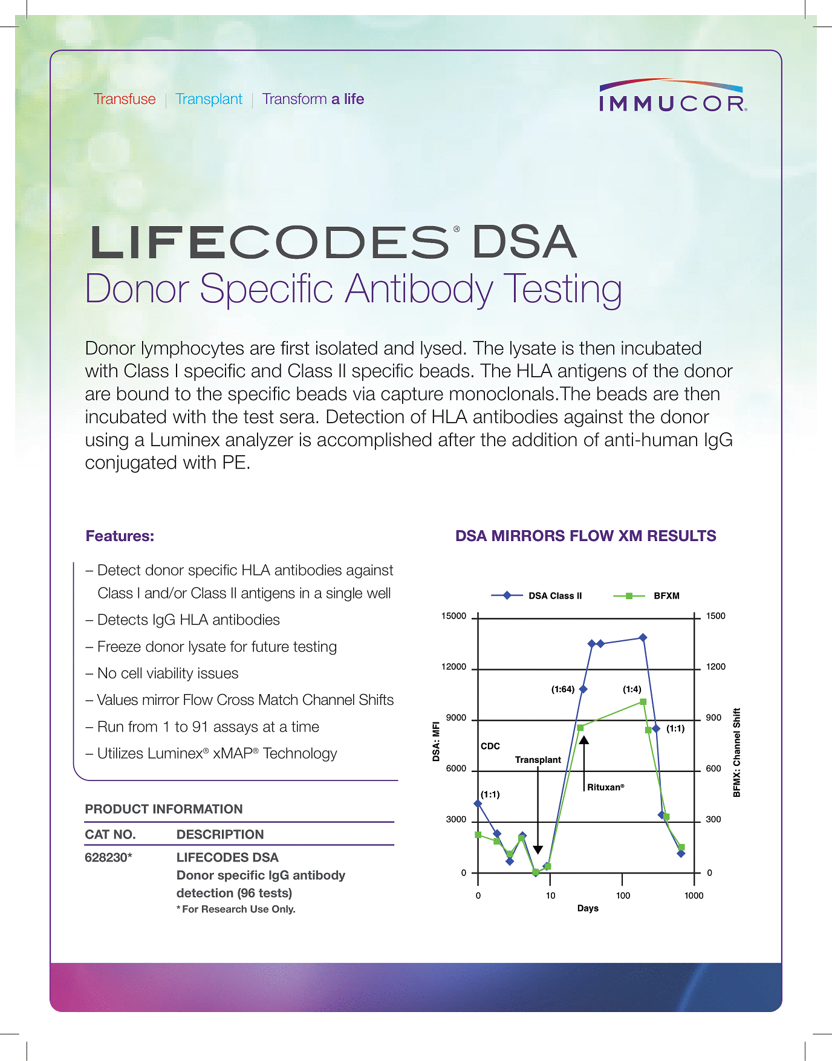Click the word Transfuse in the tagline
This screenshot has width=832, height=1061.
[x=125, y=99]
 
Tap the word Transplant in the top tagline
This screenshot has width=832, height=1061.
[x=209, y=99]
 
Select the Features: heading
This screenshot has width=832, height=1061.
[x=120, y=536]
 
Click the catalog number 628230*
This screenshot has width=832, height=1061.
[x=108, y=857]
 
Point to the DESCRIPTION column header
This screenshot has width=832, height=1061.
[x=220, y=834]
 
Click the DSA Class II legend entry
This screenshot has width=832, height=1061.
[x=554, y=596]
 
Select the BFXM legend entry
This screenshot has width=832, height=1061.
[x=666, y=596]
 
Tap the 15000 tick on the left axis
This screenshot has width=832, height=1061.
[x=453, y=616]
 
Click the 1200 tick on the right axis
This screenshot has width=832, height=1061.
[x=715, y=667]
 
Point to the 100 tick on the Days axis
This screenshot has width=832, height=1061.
[x=623, y=895]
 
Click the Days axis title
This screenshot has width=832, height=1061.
[x=588, y=908]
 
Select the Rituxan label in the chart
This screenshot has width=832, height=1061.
[x=605, y=787]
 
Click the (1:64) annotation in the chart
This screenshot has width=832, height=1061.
[x=563, y=689]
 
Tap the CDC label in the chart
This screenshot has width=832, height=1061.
[x=490, y=746]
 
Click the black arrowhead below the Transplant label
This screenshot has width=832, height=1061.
[x=538, y=850]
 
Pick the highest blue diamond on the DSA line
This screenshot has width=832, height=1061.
[x=643, y=637]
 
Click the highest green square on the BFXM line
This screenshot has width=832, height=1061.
[x=643, y=702]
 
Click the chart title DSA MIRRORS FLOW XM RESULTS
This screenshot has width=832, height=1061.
[x=585, y=536]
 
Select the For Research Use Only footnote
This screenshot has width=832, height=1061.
[x=236, y=909]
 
